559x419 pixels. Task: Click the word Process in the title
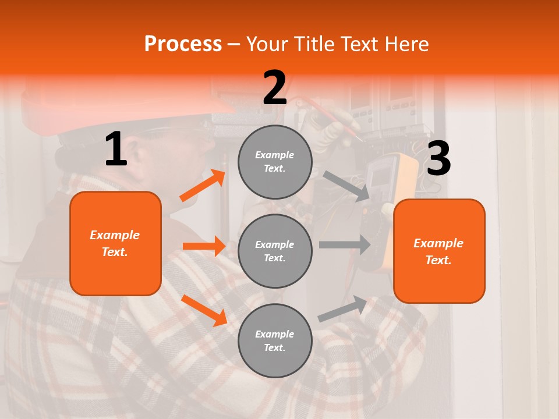(183, 44)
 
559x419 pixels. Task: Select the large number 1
(116, 150)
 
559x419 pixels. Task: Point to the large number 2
(275, 88)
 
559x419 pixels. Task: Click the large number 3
(438, 159)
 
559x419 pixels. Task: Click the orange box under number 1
(115, 243)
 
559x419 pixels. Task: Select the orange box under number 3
(439, 251)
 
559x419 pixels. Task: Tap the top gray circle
(275, 162)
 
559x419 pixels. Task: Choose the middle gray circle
(275, 251)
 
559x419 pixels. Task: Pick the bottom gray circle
(275, 340)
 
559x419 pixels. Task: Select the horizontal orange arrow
(204, 246)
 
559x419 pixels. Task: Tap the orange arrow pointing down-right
(204, 310)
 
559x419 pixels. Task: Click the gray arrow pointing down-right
(347, 186)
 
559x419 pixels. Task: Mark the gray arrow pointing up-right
(343, 309)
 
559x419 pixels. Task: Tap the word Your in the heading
(267, 44)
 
